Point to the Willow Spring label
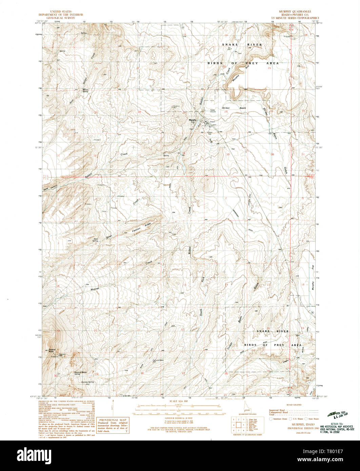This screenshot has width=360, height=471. coord(85,90)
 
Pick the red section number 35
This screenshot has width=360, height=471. coord(228,155)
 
